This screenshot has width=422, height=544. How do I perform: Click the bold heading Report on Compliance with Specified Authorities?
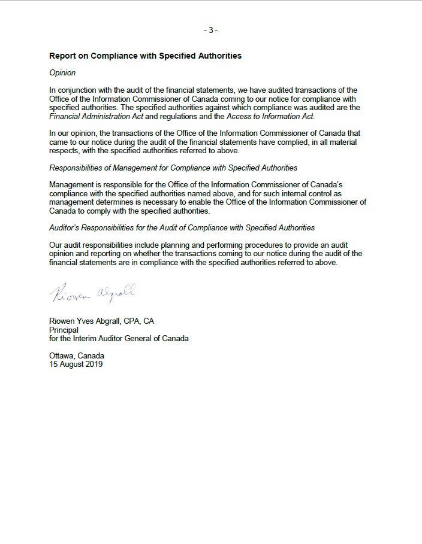145,56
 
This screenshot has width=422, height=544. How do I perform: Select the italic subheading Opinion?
62,73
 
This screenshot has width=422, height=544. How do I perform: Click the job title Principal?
64,330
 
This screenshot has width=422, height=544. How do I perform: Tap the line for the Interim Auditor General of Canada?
119,338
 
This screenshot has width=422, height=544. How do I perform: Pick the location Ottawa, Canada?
77,355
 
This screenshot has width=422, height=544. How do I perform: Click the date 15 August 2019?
76,364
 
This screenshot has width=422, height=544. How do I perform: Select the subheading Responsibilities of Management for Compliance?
173,168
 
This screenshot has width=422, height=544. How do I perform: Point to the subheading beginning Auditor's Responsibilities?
182,228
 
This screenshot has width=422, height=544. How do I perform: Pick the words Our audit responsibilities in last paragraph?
95,245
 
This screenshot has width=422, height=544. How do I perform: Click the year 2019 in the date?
93,364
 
